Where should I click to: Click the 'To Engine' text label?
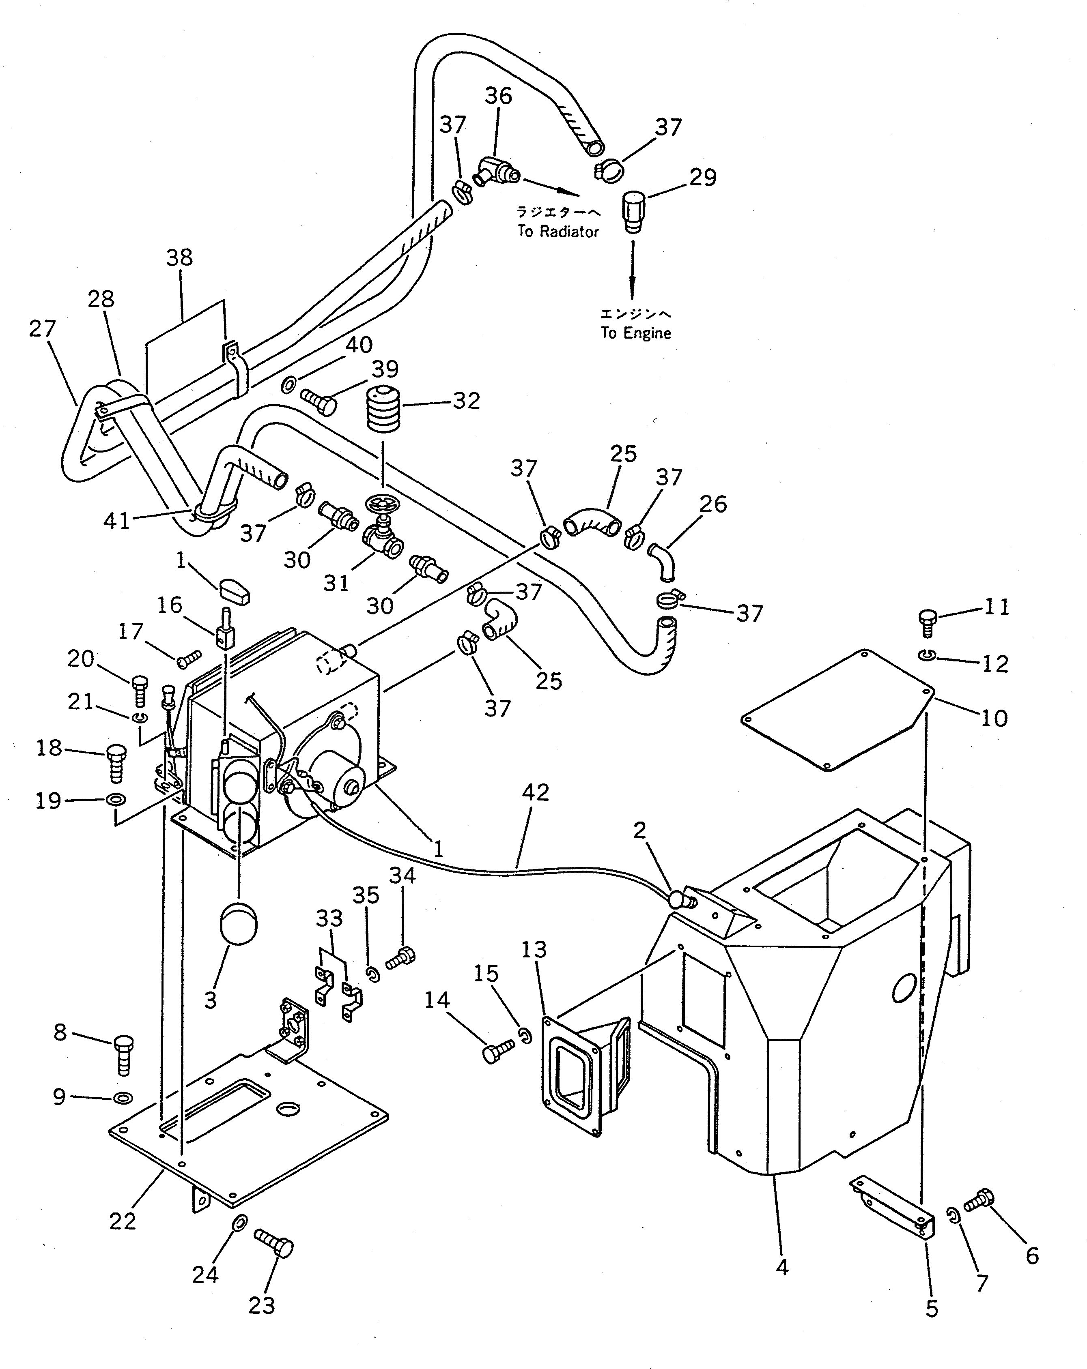click(635, 333)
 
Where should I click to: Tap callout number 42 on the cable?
click(535, 792)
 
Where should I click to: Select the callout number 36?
click(498, 96)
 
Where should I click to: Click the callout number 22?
click(123, 1221)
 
